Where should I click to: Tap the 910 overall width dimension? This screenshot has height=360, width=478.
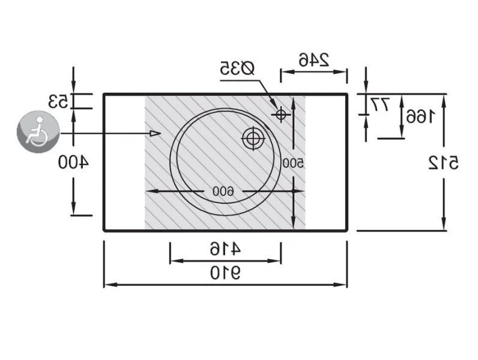[x=225, y=274]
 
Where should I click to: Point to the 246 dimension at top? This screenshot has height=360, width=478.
[x=313, y=59]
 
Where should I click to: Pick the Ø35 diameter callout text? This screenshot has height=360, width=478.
[x=237, y=68]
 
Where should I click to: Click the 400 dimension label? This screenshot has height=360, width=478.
[x=73, y=161]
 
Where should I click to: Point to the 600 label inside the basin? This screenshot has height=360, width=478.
[x=222, y=191]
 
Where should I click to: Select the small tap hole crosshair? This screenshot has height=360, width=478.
[x=280, y=114]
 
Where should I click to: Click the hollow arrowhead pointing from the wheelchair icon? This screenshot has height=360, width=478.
[x=155, y=133]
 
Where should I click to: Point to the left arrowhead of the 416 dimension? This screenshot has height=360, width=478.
[x=174, y=260]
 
